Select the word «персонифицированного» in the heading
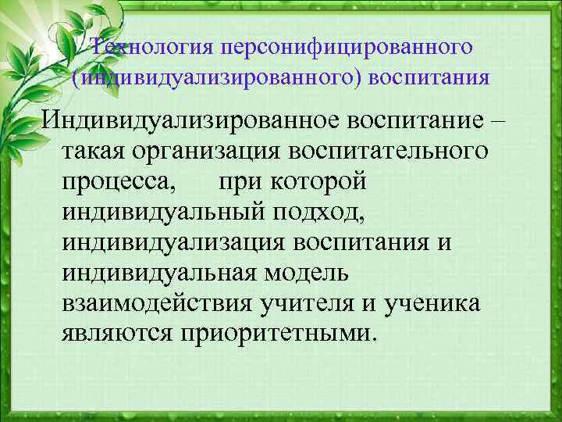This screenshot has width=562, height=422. coord(347,46)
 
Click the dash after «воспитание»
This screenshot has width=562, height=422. coord(500,123)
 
